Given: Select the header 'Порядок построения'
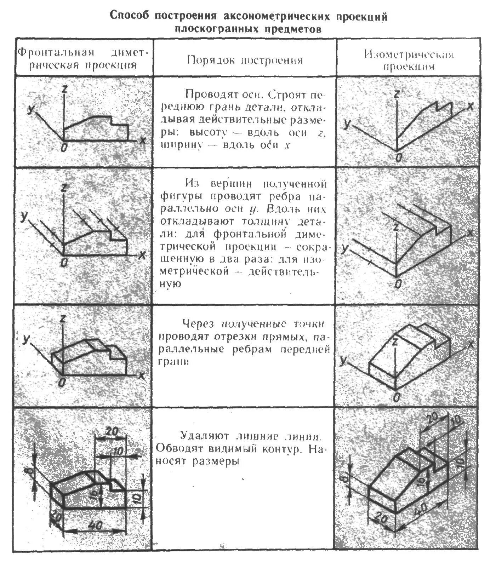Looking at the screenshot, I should click(245, 60).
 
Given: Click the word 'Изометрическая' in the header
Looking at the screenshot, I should click(409, 54).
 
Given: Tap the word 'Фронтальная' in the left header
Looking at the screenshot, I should click(56, 52).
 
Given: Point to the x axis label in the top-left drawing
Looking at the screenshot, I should click(142, 140).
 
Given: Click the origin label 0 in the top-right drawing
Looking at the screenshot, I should click(398, 157).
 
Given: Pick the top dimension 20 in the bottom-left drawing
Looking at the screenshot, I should click(112, 432).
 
